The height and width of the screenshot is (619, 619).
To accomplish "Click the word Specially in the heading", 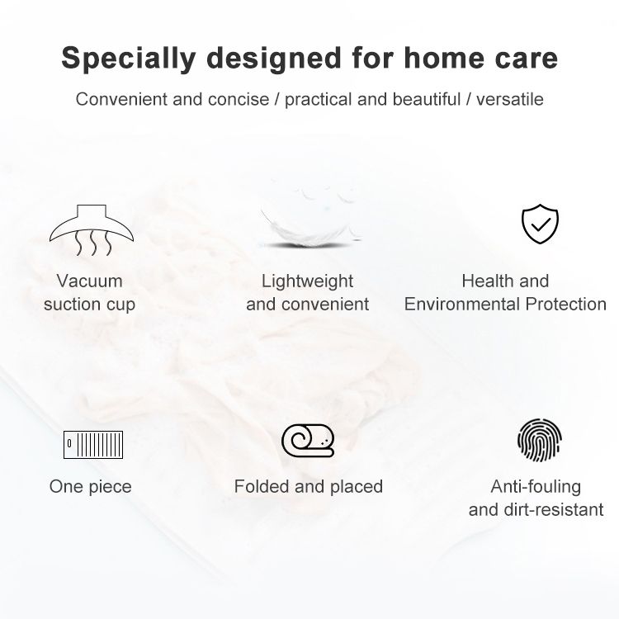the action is coord(129,59).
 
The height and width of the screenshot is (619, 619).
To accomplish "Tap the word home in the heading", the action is coord(444,58).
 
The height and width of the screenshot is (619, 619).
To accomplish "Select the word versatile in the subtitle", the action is coord(510,99).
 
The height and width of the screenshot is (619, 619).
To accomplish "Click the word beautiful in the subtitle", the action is coord(427,99).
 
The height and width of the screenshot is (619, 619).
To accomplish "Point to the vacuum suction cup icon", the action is coord(92,229).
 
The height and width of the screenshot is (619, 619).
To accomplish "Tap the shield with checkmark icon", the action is coord(540,224).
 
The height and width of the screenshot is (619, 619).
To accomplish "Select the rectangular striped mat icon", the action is coord(93,445).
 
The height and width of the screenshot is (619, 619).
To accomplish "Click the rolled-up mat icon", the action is coord(308,440).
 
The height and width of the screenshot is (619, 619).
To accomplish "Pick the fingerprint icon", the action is coord(540,439).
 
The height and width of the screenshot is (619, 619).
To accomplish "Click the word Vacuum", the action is coord(90,281).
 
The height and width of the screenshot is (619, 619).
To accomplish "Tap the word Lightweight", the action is coord(307,282).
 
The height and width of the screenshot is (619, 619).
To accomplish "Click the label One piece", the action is coord(91,487).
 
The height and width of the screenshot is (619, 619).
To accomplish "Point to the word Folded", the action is coord(262,486).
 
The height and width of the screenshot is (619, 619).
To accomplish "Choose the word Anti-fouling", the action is coord(536,487).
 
